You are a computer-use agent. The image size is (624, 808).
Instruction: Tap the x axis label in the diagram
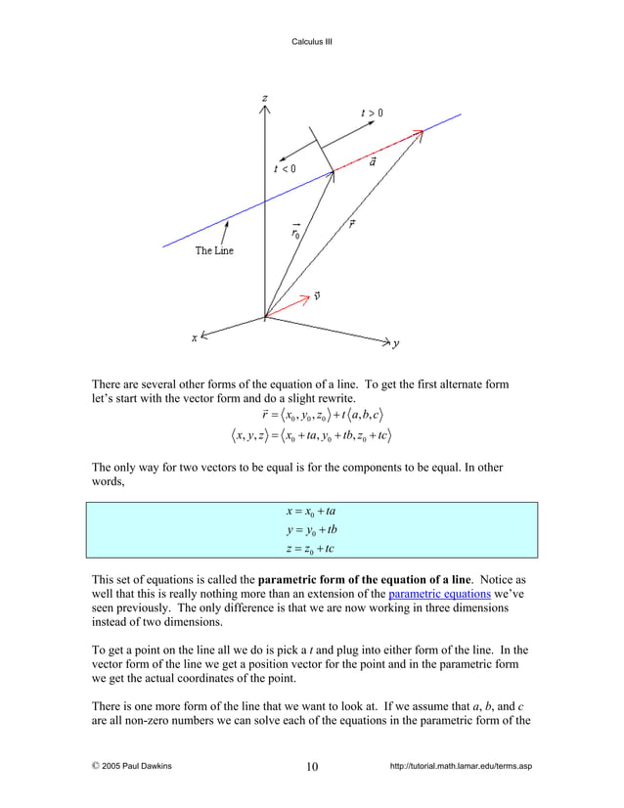click(x=194, y=337)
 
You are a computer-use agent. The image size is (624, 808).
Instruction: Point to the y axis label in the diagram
click(x=396, y=344)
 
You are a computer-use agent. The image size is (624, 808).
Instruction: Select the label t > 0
click(x=372, y=113)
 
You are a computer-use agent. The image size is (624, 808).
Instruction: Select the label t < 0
click(x=284, y=168)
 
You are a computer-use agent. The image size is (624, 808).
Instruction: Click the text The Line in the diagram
click(x=214, y=250)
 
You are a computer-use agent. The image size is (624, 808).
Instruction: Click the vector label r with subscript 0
click(x=295, y=232)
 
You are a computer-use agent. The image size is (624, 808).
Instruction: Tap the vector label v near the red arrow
click(x=318, y=295)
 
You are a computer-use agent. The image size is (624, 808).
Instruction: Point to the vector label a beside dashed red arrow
click(x=373, y=161)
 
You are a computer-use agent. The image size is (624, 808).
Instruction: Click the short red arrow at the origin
click(x=286, y=307)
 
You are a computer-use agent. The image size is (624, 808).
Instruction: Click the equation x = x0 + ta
click(x=311, y=512)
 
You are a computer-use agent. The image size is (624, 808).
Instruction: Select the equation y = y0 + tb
click(x=311, y=529)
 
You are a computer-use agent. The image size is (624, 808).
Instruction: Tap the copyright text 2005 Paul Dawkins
click(x=132, y=766)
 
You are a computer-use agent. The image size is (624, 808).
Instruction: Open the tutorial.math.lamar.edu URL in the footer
click(x=460, y=766)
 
